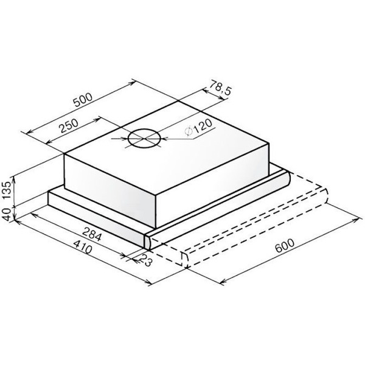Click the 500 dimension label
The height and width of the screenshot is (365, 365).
(83, 100)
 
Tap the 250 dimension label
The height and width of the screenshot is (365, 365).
(68, 126)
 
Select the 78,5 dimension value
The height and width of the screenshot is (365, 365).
(220, 87)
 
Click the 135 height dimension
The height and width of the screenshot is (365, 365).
(7, 190)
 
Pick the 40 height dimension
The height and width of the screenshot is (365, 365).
(7, 214)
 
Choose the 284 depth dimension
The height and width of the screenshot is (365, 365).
(92, 234)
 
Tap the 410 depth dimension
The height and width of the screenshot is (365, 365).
(82, 247)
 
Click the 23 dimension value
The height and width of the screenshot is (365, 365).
(146, 260)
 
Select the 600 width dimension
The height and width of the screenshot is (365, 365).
(285, 246)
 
